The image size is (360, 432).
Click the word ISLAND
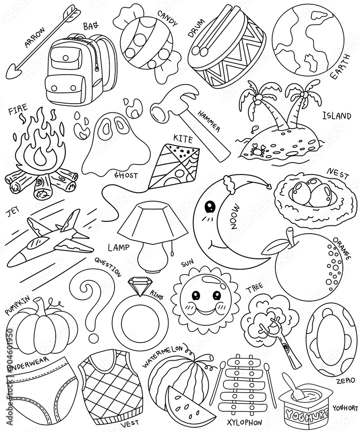[x=337, y=116]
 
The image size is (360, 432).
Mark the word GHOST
[x=125, y=175]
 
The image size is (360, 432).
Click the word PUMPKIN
[x=18, y=305]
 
